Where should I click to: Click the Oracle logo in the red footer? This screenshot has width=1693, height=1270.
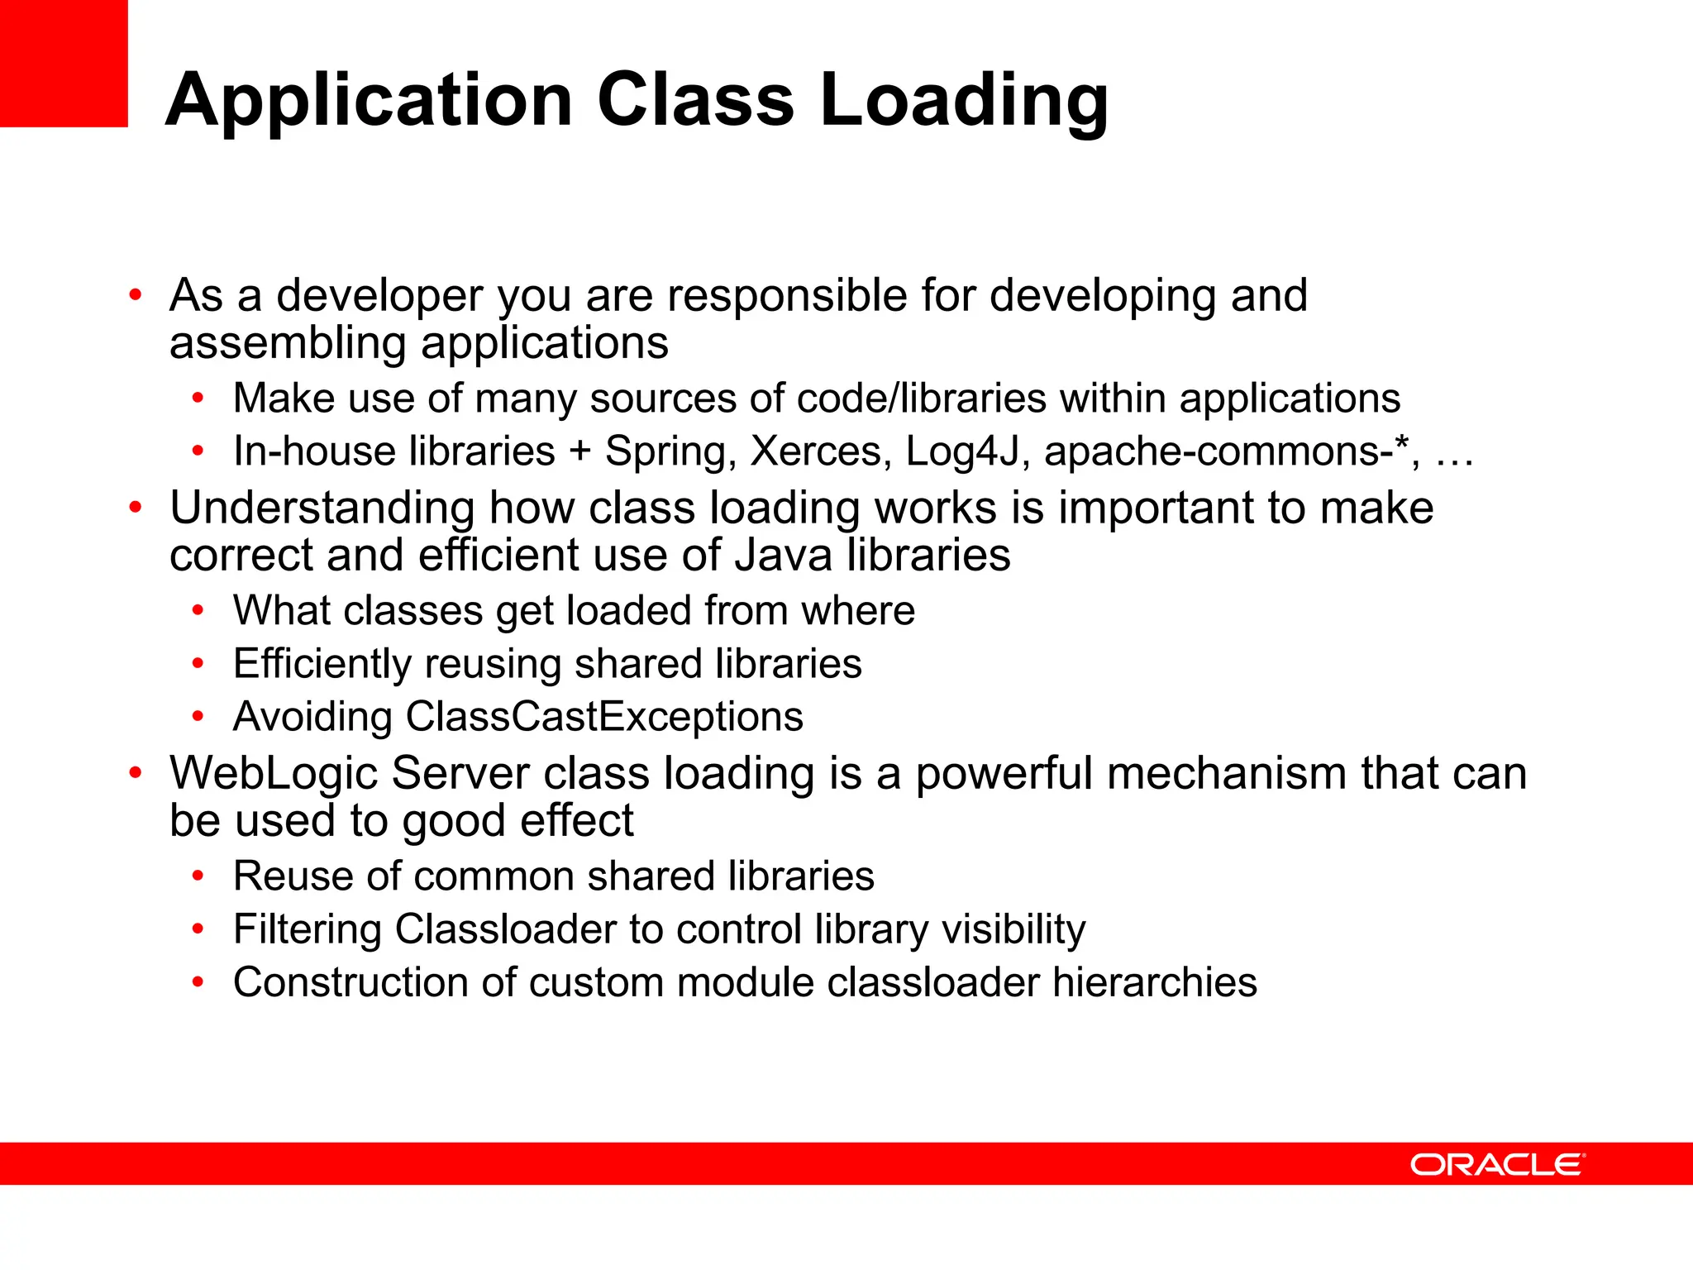[x=1497, y=1164]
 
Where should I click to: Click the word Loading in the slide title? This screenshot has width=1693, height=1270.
[x=964, y=101]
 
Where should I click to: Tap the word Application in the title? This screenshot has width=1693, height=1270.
[x=369, y=101]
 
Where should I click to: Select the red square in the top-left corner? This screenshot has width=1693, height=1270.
[x=64, y=63]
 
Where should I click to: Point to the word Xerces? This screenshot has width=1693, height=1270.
[x=820, y=452]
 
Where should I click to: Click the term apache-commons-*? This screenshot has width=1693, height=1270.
[x=1227, y=452]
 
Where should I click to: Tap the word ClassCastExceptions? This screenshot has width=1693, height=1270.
[x=604, y=716]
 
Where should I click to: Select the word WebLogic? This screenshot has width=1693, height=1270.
[x=273, y=774]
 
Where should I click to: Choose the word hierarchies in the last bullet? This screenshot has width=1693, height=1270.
[x=1154, y=982]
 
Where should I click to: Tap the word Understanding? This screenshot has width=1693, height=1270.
[x=322, y=508]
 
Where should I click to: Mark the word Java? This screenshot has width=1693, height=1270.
[x=783, y=555]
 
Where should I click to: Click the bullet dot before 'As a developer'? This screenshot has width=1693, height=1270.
[x=136, y=295]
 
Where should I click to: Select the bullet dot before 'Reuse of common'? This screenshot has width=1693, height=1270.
[x=198, y=876]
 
